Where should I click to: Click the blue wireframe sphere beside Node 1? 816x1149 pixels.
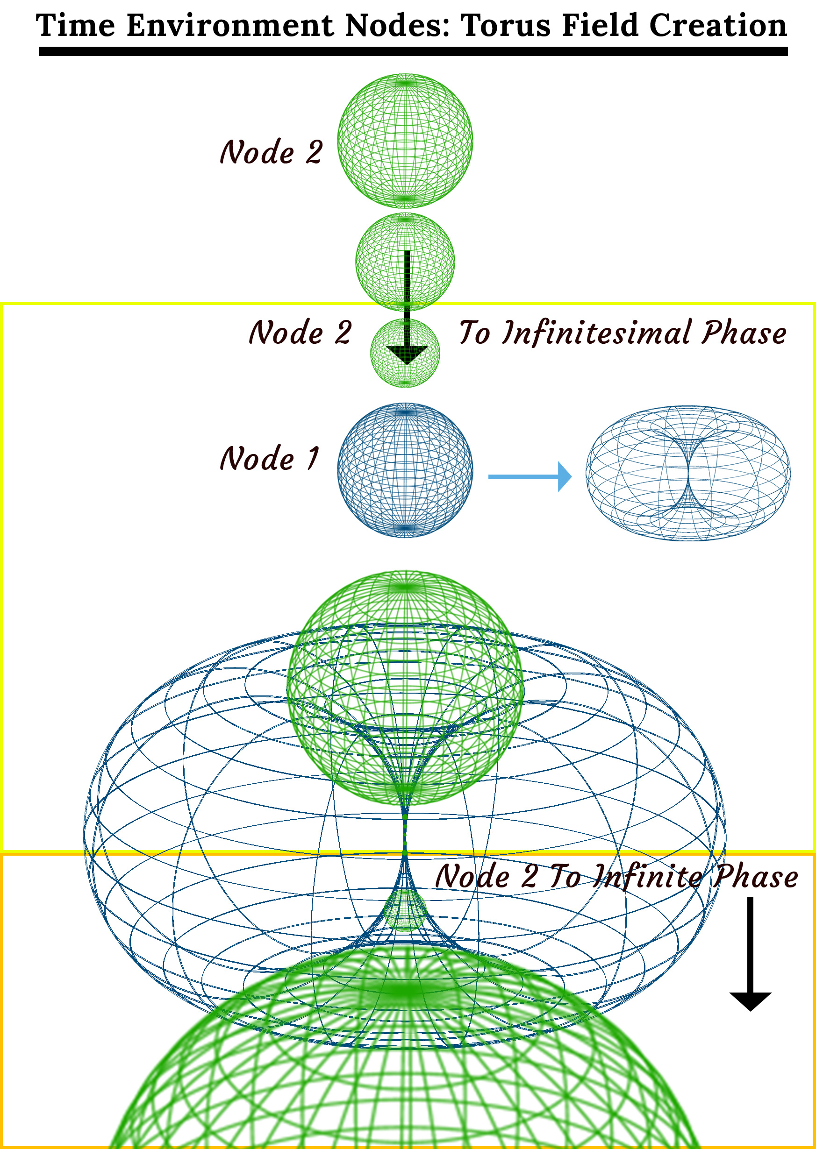[x=405, y=470]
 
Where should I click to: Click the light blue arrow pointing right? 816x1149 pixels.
[x=530, y=476]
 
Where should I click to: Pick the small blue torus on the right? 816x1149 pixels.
[x=688, y=473]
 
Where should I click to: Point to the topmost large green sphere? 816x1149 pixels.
[x=405, y=141]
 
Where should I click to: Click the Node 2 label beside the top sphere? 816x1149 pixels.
[x=272, y=152]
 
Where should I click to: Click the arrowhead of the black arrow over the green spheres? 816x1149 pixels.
[x=407, y=355]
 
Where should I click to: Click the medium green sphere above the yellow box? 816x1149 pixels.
[x=405, y=261]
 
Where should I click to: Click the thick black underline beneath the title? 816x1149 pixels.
[x=413, y=52]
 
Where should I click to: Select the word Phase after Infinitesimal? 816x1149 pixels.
[x=744, y=333]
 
